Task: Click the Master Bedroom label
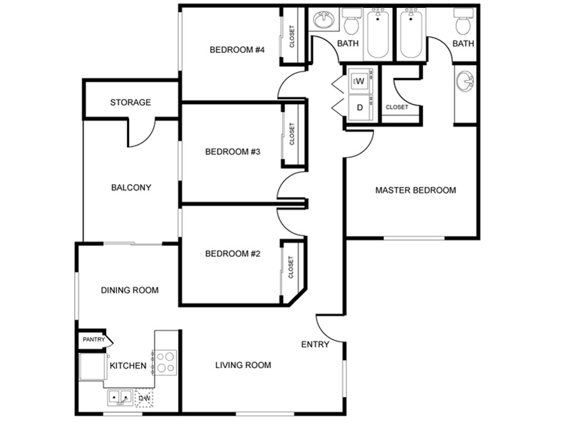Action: (x=415, y=190)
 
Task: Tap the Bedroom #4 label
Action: (x=237, y=49)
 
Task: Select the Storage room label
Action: (x=130, y=102)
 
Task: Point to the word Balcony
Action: (x=131, y=188)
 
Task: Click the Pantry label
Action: (x=93, y=340)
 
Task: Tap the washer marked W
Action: (x=361, y=81)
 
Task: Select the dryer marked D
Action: (x=361, y=108)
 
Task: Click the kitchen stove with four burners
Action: (x=166, y=362)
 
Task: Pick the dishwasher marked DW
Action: (x=144, y=398)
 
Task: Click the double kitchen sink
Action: (x=120, y=397)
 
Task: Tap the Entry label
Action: (x=315, y=345)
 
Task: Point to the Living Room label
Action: (x=243, y=365)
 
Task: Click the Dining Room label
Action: (x=130, y=290)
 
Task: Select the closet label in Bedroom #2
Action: (x=291, y=267)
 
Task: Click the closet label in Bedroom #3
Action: (x=292, y=134)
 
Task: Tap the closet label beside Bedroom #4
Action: (x=292, y=36)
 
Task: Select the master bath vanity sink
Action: (x=465, y=81)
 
